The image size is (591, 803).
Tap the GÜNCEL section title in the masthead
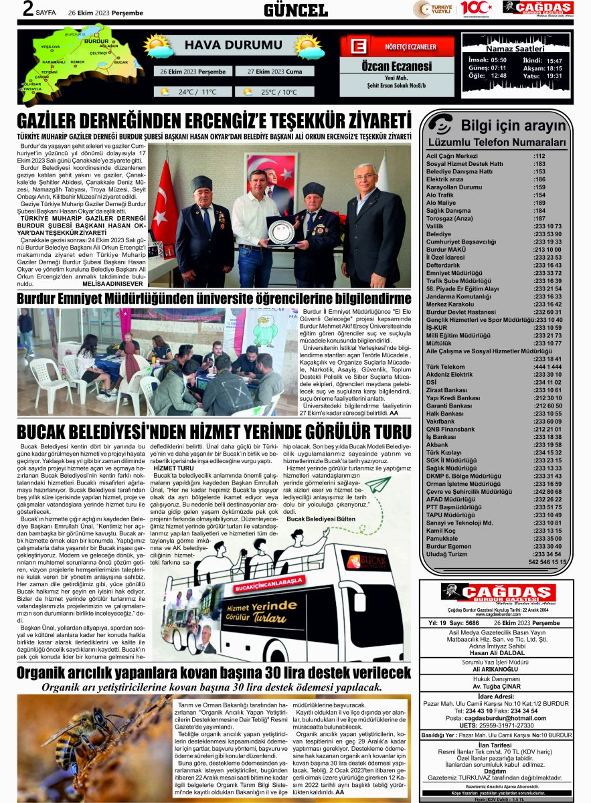point(295,9)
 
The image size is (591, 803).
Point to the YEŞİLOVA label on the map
point(50,48)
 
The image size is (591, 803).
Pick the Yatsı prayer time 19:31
point(554,76)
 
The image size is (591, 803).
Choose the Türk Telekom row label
point(445,367)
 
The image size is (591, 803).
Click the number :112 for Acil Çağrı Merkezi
point(539,156)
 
